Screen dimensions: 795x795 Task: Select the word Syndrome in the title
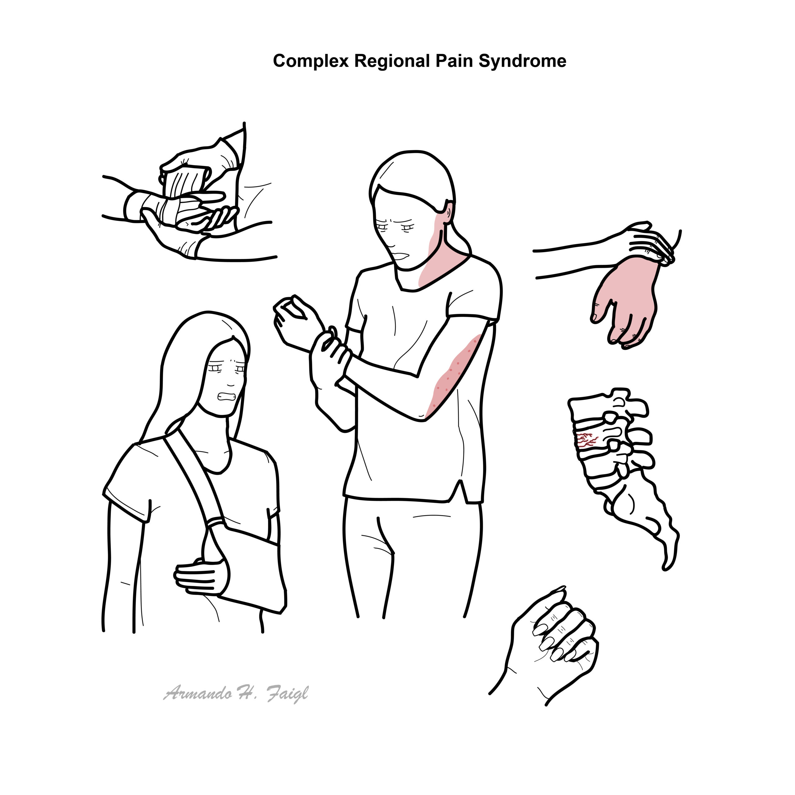click(x=522, y=61)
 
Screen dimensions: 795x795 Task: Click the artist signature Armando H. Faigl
click(x=236, y=694)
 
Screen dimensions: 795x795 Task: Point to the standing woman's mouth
click(x=403, y=256)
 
